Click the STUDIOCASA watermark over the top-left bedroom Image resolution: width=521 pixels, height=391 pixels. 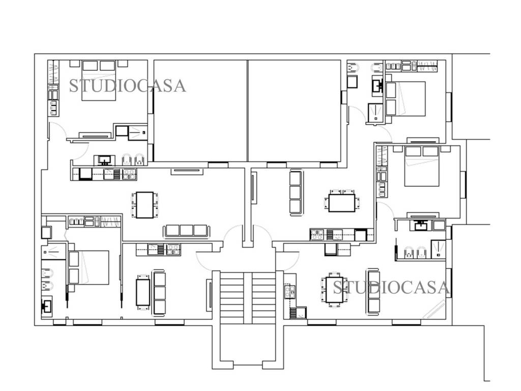click(x=127, y=86)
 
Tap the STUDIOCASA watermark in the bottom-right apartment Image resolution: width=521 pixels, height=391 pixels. click(x=391, y=288)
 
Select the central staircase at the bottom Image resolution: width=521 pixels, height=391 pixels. click(x=248, y=297)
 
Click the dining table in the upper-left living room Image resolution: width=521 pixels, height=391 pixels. click(x=145, y=205)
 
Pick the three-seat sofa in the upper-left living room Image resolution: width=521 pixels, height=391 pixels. click(x=186, y=231)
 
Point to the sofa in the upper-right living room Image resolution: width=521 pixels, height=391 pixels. click(x=296, y=193)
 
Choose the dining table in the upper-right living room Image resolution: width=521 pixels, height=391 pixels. click(x=342, y=203)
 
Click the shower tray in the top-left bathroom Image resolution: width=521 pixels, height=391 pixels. click(x=138, y=133)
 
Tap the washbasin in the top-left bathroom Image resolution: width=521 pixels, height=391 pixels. click(x=105, y=160)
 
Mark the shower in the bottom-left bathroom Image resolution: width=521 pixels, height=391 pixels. click(x=54, y=252)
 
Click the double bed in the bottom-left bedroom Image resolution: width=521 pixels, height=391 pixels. click(x=89, y=267)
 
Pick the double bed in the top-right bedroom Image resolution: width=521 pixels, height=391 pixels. click(x=406, y=99)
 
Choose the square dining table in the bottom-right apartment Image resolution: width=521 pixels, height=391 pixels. click(x=334, y=290)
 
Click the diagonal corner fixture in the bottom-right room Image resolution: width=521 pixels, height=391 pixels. click(x=434, y=309)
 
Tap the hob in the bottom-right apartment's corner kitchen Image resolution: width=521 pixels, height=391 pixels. click(x=290, y=292)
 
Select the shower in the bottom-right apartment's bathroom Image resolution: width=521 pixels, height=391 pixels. click(x=438, y=249)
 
